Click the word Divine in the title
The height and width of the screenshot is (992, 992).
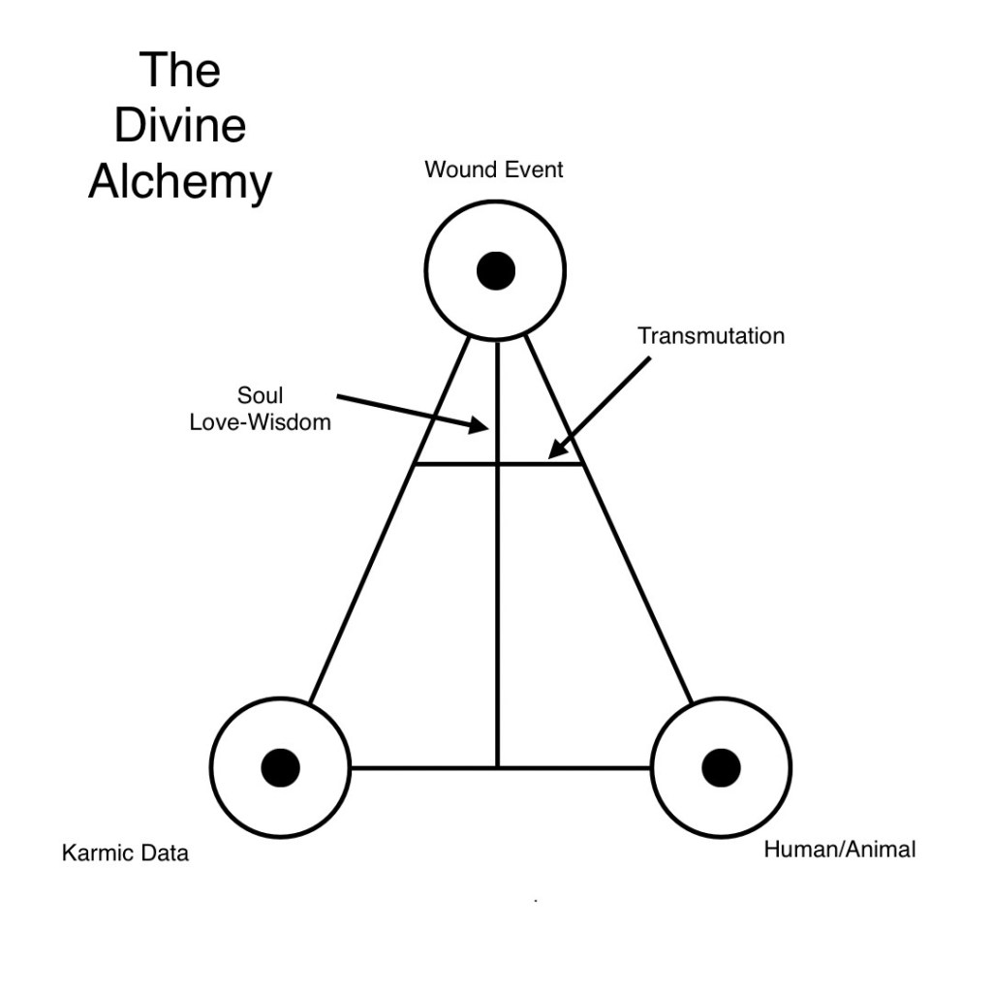(x=179, y=127)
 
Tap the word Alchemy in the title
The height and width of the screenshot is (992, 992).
(x=179, y=182)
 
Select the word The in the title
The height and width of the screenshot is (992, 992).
(x=179, y=71)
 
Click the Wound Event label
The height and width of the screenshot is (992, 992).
(x=494, y=170)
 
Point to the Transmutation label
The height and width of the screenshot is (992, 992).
(x=711, y=336)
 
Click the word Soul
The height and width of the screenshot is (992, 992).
(x=260, y=396)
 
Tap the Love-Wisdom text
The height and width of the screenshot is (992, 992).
(x=260, y=421)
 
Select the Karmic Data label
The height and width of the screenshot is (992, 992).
(x=125, y=853)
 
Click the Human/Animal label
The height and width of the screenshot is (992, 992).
(x=839, y=850)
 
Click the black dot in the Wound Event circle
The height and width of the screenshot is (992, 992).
(x=496, y=270)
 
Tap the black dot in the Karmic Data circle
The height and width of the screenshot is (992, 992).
(x=280, y=767)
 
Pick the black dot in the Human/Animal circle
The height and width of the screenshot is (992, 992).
(x=721, y=767)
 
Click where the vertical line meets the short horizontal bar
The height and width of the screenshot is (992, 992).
(x=497, y=464)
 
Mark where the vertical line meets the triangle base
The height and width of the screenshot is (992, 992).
(x=497, y=767)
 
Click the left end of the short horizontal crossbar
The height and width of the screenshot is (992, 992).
(x=417, y=464)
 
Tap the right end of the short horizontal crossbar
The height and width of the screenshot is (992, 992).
(x=582, y=464)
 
